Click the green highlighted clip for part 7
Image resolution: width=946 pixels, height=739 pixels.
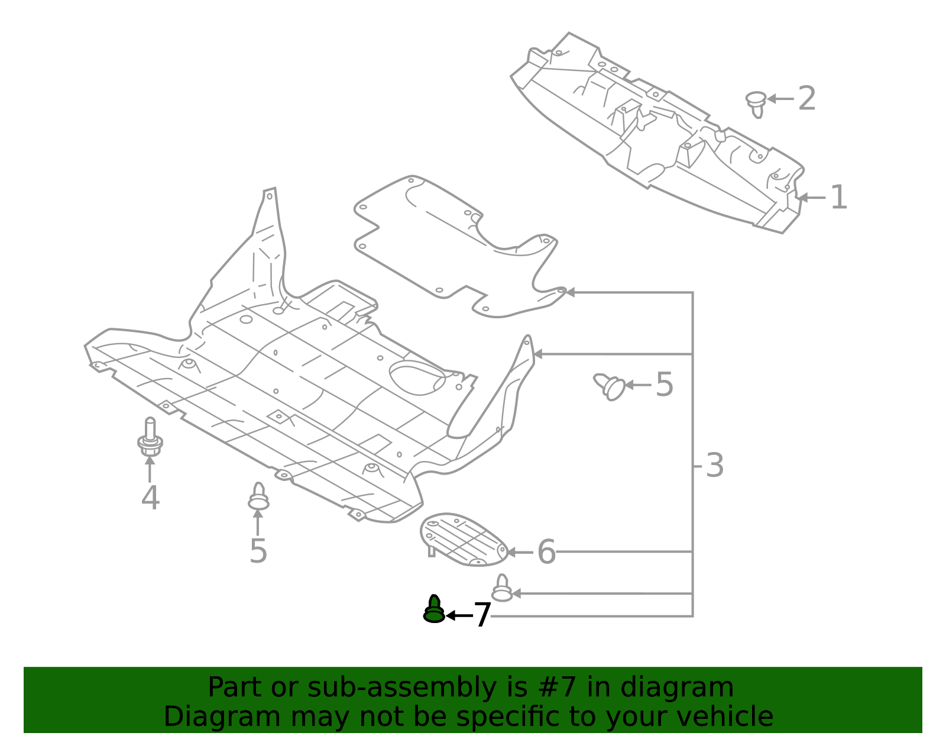(x=434, y=610)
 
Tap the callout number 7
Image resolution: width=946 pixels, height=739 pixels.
(x=482, y=615)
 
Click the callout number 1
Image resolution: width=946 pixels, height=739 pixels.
(x=838, y=198)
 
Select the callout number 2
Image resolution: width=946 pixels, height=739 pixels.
(x=806, y=98)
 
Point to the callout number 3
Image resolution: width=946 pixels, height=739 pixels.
(x=715, y=466)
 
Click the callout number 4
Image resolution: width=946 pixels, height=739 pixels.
(x=150, y=498)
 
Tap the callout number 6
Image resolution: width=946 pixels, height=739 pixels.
(x=546, y=552)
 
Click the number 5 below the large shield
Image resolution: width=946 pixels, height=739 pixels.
(x=258, y=551)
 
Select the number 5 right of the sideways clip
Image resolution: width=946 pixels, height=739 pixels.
(x=665, y=385)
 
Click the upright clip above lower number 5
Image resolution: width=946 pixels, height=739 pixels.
(x=258, y=496)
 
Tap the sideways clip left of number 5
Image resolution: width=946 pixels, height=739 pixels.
(x=610, y=386)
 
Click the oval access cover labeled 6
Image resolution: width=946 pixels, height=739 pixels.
(x=464, y=540)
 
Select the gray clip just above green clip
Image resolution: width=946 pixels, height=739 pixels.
(x=502, y=589)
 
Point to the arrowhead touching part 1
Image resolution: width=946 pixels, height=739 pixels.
(x=802, y=198)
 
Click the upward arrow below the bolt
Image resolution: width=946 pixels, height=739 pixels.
(x=150, y=467)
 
